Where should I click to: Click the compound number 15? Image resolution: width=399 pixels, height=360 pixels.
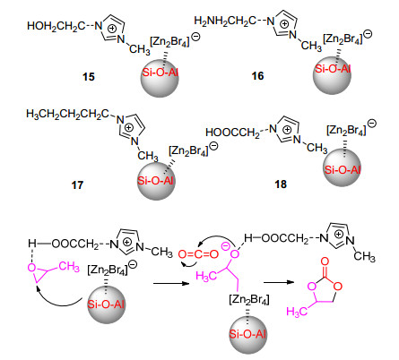click(x=89, y=77)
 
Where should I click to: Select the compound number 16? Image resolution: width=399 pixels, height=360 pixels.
click(x=257, y=76)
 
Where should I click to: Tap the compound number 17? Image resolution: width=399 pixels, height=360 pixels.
click(x=77, y=185)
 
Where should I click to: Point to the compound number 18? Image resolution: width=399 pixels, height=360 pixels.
click(x=281, y=184)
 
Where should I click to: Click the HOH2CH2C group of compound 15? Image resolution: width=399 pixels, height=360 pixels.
click(x=56, y=27)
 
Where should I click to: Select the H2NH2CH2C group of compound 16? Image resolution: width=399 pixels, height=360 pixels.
click(x=225, y=21)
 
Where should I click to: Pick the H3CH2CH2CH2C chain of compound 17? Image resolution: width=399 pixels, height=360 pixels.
click(x=67, y=115)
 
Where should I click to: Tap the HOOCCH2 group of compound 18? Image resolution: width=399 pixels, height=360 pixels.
click(x=232, y=133)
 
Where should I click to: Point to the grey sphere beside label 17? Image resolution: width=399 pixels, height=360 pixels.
click(x=156, y=181)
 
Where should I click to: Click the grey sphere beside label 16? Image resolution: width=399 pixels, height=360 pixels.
click(x=333, y=75)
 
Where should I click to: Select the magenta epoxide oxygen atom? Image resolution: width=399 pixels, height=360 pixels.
click(x=31, y=268)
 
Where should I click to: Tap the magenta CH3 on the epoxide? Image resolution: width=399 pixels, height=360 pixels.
click(x=69, y=267)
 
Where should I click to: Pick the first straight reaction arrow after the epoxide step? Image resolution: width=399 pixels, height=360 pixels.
click(x=171, y=283)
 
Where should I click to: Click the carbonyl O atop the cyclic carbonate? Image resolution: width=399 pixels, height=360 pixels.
click(x=325, y=261)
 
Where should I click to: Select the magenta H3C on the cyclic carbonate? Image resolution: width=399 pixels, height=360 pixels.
click(x=297, y=312)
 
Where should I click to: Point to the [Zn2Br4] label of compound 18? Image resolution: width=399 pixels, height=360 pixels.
click(x=346, y=131)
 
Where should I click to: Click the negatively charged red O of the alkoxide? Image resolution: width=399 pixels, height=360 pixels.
click(x=235, y=254)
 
